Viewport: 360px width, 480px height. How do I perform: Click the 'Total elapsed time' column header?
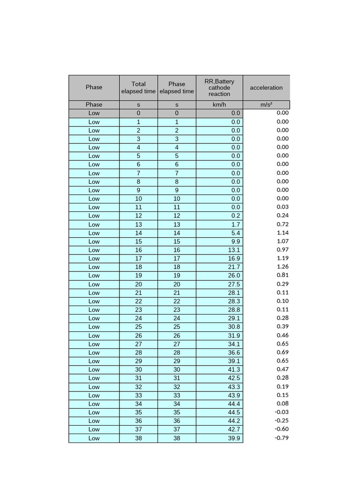[x=138, y=88]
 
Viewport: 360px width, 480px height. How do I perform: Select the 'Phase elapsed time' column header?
[x=177, y=88]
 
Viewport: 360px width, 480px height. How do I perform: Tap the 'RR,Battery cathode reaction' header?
[x=219, y=88]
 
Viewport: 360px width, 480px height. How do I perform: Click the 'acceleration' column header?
[x=266, y=88]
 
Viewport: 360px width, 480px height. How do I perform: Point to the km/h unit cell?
[x=219, y=105]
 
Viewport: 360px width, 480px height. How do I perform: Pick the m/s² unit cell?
[x=266, y=105]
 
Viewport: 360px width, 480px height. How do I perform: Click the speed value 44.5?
[x=233, y=412]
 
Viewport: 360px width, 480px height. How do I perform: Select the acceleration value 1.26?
[x=283, y=267]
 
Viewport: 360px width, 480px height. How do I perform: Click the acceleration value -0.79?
[x=282, y=438]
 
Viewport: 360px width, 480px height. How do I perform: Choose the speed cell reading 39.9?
[x=233, y=438]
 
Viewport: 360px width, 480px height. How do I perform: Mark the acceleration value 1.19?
[x=283, y=258]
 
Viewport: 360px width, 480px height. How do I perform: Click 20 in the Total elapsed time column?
[x=138, y=284]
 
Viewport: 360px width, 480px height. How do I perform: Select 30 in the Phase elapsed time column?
[x=177, y=370]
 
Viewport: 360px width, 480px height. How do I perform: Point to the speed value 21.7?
[x=233, y=267]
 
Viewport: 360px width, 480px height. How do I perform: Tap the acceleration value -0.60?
[x=282, y=429]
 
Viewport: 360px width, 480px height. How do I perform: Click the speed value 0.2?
[x=235, y=216]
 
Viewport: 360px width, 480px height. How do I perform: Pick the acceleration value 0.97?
[x=283, y=250]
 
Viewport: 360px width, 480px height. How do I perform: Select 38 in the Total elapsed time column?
[x=138, y=438]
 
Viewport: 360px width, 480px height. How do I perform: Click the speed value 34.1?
[x=233, y=344]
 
